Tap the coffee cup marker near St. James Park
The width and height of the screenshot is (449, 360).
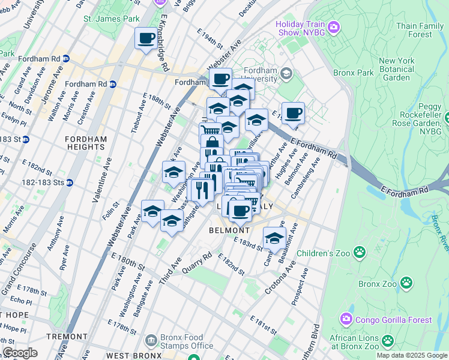coord(145,39)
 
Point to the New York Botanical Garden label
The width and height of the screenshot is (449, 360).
coord(396,69)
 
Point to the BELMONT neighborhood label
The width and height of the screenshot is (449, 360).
coord(229,230)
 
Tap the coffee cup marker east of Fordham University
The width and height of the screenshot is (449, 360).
coord(293,113)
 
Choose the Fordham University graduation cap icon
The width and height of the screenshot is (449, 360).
coord(286,74)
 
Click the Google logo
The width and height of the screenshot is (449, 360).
coord(20,353)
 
